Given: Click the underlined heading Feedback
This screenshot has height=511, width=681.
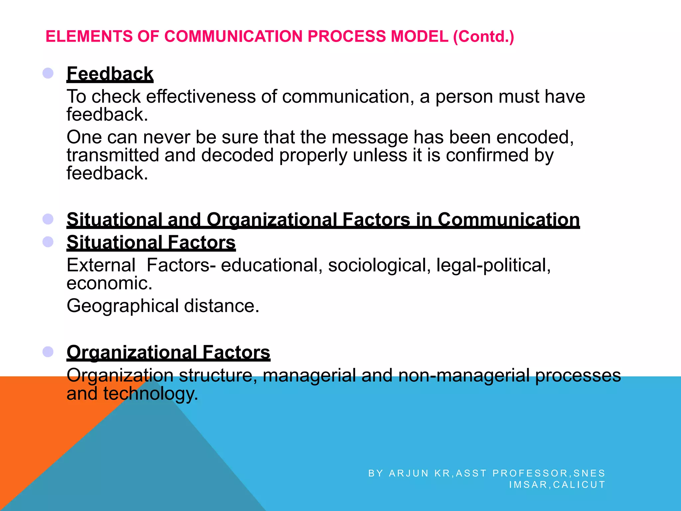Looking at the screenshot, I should (110, 74).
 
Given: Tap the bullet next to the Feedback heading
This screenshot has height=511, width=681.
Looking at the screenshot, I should (48, 73).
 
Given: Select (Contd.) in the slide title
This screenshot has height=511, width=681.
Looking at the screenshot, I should (483, 36).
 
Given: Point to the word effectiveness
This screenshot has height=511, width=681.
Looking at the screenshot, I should (201, 97).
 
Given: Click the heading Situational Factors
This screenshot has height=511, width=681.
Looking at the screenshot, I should (151, 242).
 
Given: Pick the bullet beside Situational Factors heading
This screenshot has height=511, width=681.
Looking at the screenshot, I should (48, 242).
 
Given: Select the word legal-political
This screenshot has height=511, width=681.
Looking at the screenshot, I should (493, 265).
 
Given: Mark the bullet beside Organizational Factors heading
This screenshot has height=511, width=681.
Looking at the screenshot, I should (48, 352).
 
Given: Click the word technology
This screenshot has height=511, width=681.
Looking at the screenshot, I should (151, 394).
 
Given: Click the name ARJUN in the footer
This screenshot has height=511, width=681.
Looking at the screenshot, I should (409, 473).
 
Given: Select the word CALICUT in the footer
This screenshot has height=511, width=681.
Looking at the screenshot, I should (579, 484).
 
